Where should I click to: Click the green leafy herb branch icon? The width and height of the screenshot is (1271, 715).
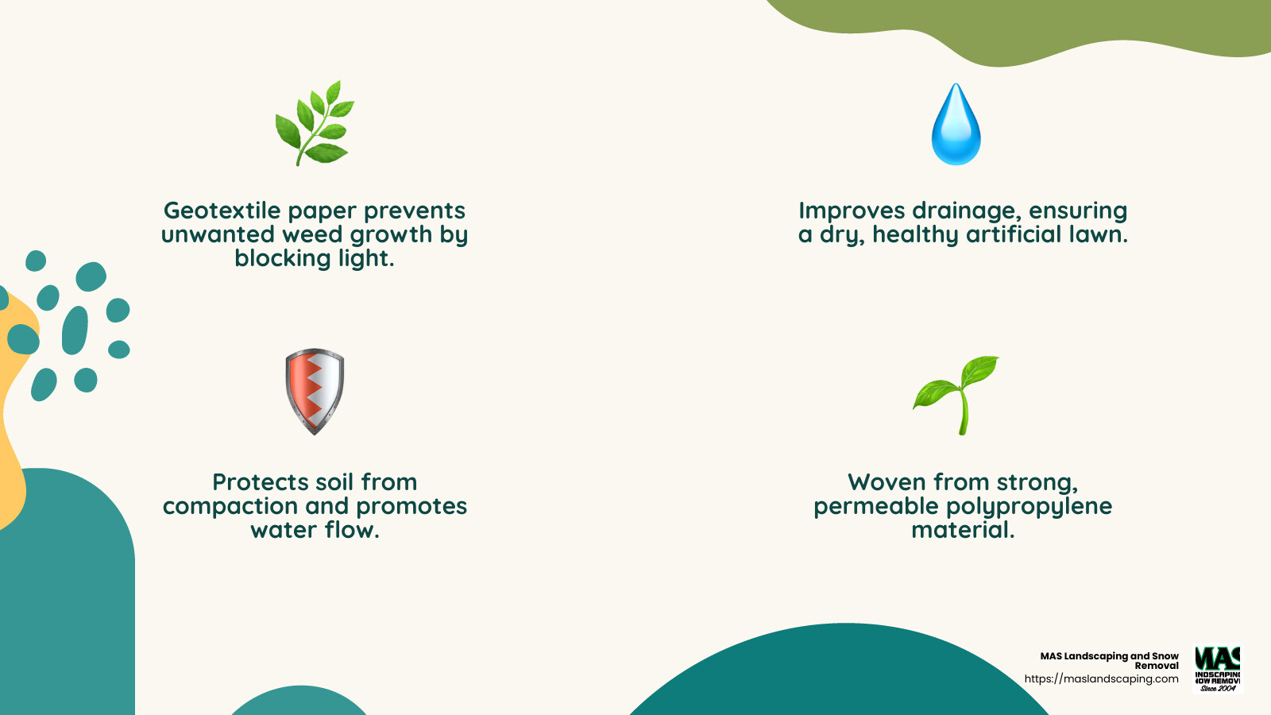(315, 123)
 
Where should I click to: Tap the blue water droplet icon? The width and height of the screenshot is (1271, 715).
(956, 125)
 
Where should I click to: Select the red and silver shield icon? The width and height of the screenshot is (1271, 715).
(315, 391)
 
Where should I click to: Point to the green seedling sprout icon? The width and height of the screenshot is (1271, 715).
(956, 394)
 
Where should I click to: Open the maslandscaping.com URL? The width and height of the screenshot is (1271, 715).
(1101, 678)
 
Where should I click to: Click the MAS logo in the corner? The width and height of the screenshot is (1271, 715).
(1218, 668)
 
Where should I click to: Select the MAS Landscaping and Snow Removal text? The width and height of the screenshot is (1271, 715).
(1110, 660)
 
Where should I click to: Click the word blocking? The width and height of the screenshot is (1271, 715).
(282, 258)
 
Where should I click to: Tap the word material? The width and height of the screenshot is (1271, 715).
(963, 530)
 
